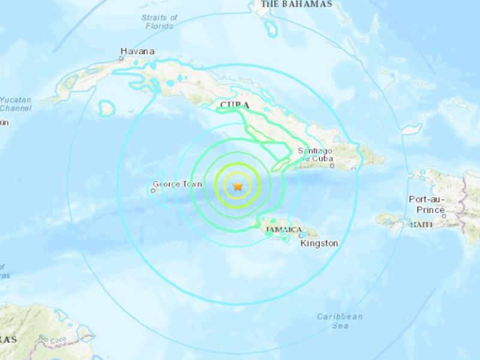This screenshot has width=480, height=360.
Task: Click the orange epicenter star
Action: [238, 187]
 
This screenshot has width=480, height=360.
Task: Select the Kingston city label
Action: [319, 244]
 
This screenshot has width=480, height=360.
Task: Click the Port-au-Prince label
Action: [426, 204]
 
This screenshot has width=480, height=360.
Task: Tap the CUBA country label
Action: [235, 106]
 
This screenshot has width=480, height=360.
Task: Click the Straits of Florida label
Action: [158, 22]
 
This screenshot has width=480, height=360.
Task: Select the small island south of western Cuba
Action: [107, 108]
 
